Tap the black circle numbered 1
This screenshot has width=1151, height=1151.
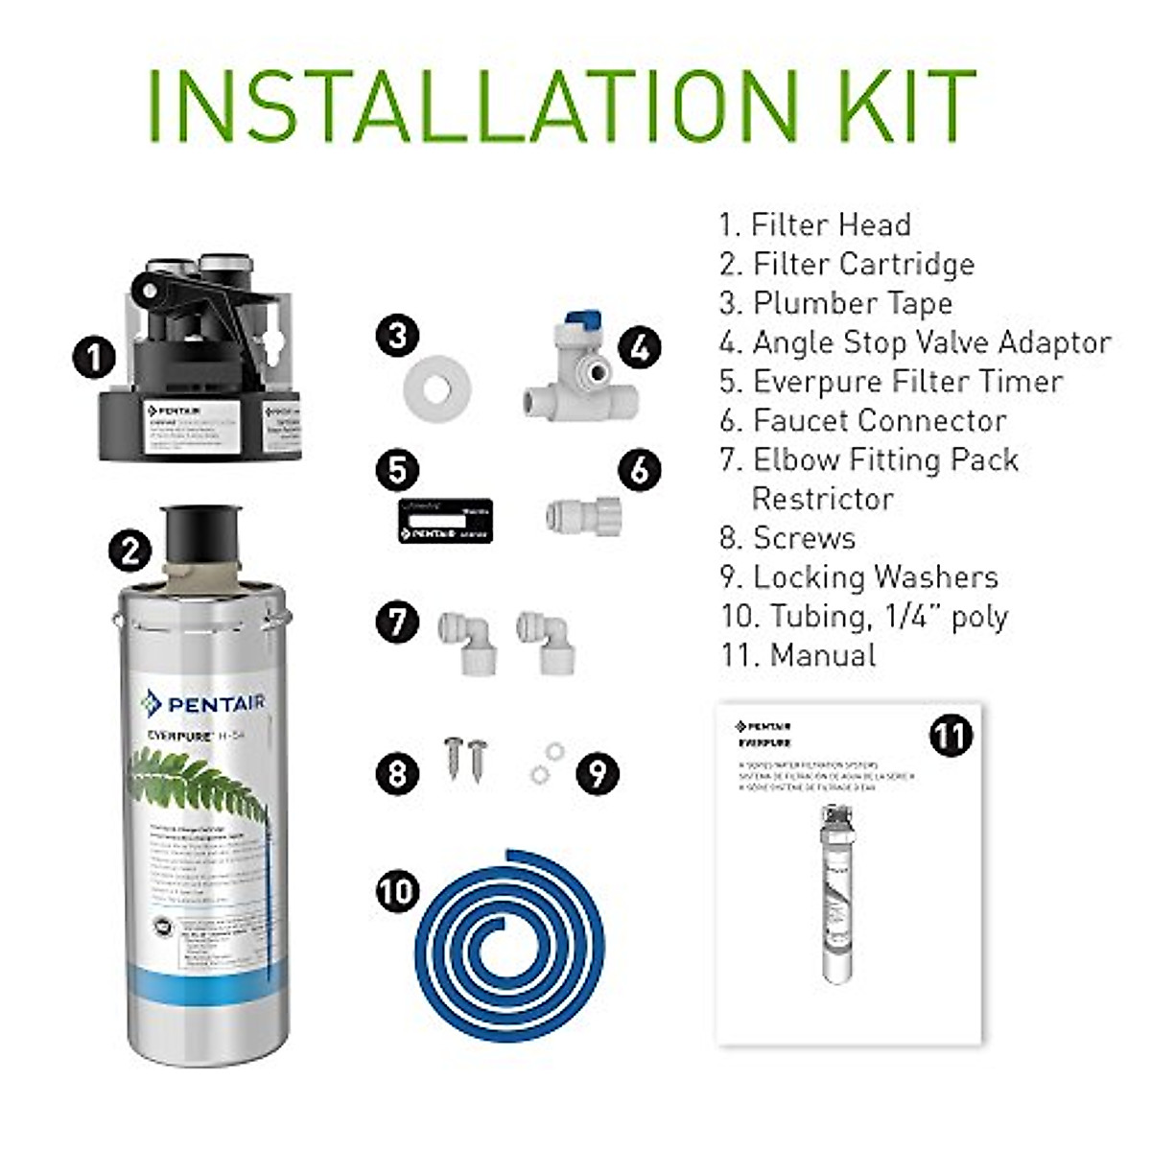point(94,359)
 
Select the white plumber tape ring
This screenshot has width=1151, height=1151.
point(437,388)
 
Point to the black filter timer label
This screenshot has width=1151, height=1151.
point(445,520)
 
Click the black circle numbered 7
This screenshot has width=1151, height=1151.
point(397,621)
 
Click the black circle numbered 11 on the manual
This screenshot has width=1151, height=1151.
point(950,736)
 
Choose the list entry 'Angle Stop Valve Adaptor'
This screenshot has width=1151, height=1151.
point(915,342)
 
